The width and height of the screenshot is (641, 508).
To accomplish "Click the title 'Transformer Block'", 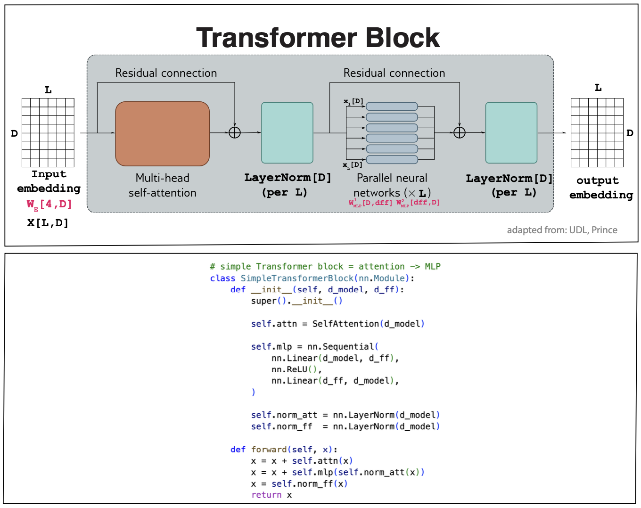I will (x=318, y=38).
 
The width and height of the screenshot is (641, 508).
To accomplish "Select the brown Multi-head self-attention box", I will (x=162, y=134).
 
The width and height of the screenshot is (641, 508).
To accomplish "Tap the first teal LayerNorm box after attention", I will (x=287, y=133).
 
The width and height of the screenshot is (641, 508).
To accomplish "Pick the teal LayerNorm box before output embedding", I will (x=511, y=133).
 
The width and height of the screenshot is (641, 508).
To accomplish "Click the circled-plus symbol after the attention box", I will (x=235, y=133).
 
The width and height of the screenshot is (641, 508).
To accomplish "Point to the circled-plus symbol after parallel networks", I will (x=460, y=133).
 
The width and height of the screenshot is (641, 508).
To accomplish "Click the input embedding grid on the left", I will (x=48, y=132).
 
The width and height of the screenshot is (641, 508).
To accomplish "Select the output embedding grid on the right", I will (x=597, y=132).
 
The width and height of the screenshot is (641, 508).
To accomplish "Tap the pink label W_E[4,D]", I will (x=49, y=205).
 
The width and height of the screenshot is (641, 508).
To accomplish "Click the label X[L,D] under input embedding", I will (x=48, y=223).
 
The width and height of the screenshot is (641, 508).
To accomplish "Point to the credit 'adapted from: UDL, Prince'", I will (x=562, y=230).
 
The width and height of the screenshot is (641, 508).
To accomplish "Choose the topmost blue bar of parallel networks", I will (x=392, y=107).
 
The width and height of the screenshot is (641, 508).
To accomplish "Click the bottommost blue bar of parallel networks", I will (x=392, y=160).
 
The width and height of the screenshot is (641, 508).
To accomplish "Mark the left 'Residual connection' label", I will (x=166, y=73).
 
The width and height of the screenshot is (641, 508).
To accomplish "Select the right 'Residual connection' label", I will (x=394, y=73).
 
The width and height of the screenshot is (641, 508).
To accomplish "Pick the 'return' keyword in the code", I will (x=266, y=495).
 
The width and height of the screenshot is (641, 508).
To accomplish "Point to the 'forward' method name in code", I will (x=269, y=450).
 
